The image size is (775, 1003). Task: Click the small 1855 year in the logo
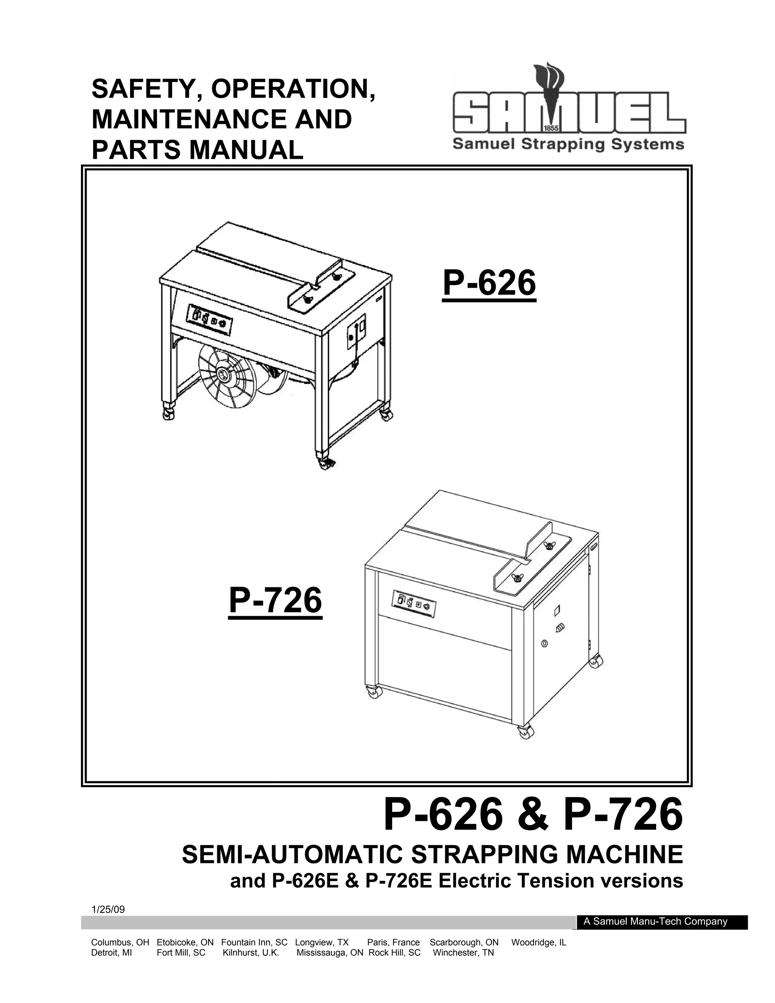pos(550,128)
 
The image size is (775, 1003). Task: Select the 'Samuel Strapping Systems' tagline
pos(568,145)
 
